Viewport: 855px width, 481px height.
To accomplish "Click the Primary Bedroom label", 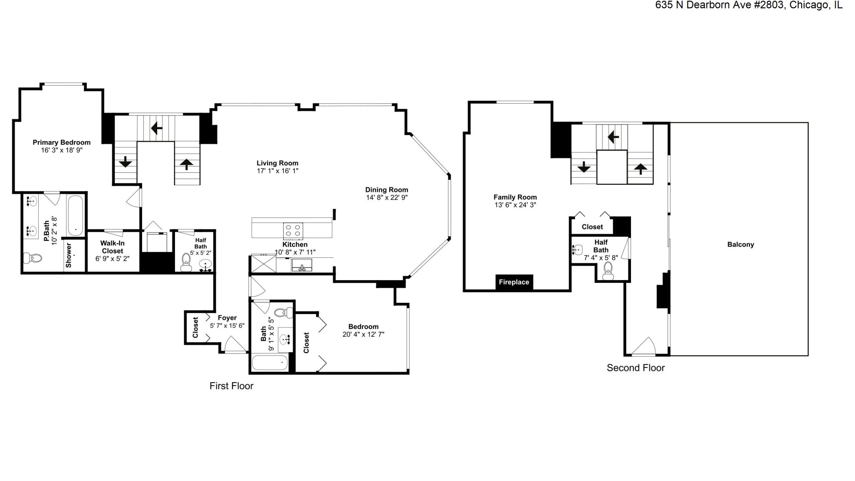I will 61,143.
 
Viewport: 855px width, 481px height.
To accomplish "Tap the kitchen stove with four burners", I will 293,230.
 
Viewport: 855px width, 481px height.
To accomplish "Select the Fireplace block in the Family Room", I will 514,282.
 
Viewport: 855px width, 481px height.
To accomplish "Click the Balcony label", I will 741,245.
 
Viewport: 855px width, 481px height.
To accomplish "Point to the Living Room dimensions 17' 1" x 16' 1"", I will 277,171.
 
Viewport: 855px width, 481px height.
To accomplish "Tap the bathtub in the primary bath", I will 75,216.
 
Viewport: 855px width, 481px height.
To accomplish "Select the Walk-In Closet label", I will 112,247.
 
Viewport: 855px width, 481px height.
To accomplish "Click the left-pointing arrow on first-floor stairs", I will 156,128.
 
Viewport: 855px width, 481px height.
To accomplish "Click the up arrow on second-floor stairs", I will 640,169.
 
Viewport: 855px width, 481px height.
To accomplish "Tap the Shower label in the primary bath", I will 69,255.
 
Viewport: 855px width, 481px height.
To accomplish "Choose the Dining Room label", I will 387,190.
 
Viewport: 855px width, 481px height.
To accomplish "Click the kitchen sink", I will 302,266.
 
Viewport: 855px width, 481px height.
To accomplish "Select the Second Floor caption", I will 635,368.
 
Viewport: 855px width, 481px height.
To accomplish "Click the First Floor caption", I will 231,386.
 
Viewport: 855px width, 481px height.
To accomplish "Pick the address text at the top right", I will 749,5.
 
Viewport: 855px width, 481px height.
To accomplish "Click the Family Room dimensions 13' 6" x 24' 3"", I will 515,205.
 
